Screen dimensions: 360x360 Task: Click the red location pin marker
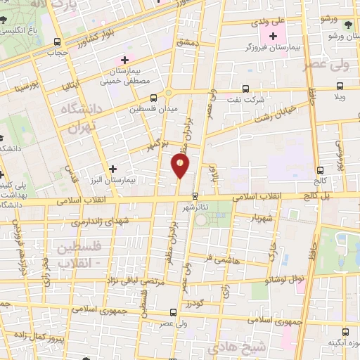click(x=181, y=166)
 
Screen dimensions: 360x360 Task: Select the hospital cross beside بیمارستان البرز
click(x=113, y=169)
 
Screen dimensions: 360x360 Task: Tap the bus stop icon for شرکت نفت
click(x=245, y=89)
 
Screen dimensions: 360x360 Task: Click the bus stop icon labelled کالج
click(x=321, y=169)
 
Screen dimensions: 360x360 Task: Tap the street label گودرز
click(x=195, y=303)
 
